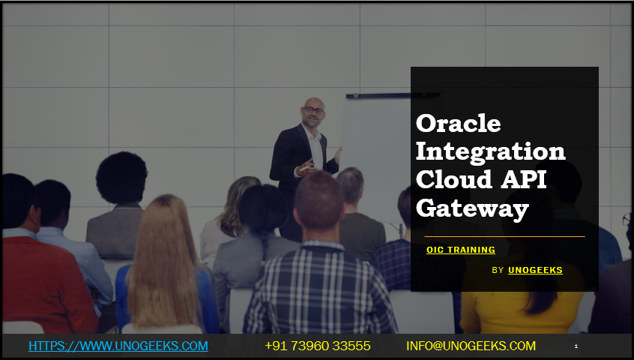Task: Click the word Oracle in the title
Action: point(459,123)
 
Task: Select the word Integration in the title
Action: point(490,152)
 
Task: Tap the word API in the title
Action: point(524,179)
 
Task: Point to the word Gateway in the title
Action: point(472,209)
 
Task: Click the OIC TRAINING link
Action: point(461,250)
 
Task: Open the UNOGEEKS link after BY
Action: point(535,270)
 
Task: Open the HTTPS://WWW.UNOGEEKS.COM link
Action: point(118,346)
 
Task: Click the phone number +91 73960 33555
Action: point(318,346)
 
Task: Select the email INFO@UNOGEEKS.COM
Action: point(471,346)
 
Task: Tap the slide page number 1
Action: point(576,346)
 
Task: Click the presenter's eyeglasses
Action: point(314,110)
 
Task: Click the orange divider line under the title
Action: point(504,236)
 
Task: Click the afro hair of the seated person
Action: point(121,177)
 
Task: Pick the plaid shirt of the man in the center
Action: point(319,289)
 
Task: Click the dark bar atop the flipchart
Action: point(392,95)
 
